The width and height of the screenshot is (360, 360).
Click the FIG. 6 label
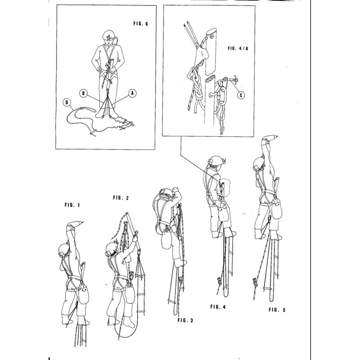pos(140,23)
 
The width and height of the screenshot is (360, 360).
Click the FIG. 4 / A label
pos(238,49)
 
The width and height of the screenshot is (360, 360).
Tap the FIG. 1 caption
pos(72,205)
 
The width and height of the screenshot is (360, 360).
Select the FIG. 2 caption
pos(121,198)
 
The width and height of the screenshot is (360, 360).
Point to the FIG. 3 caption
pos(185,320)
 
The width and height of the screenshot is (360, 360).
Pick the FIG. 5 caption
pos(277,310)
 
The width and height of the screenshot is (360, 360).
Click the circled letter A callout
pos(132,93)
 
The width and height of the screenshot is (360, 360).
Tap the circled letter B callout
pos(84,93)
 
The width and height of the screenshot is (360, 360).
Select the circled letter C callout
pos(241,95)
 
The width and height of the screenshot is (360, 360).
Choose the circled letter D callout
pos(67,103)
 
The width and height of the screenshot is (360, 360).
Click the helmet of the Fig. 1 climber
pos(64,250)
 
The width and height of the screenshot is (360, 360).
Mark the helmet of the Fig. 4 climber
pos(216,161)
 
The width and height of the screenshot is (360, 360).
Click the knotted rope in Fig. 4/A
pos(195,90)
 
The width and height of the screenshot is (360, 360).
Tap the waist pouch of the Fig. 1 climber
pos(83,294)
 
